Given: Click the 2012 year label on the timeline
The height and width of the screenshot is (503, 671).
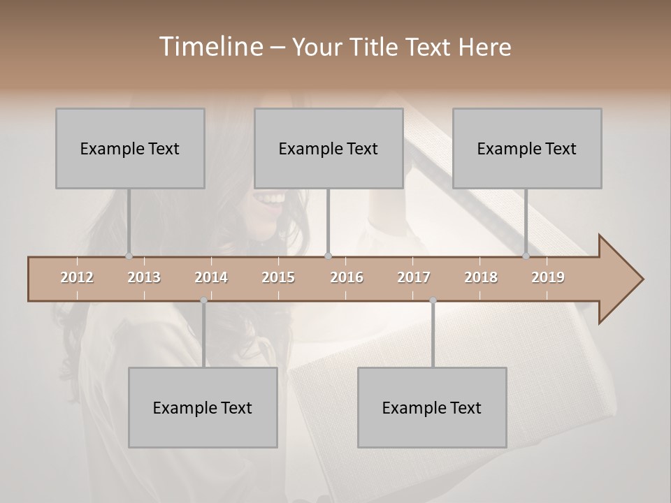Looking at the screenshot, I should [x=77, y=277].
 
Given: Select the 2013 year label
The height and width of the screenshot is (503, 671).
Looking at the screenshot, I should [x=144, y=277].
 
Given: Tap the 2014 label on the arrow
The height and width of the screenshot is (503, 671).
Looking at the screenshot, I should [x=211, y=277].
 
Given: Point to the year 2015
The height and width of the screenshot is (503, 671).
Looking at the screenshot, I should [x=278, y=277].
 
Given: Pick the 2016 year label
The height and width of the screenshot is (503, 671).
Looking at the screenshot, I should [x=347, y=277].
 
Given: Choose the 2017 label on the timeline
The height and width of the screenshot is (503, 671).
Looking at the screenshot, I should [x=414, y=277].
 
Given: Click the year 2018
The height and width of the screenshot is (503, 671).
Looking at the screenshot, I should [x=481, y=277].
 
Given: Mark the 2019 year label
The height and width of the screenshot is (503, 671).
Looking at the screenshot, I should [x=548, y=277].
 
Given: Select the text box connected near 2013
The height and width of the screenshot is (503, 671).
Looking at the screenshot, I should [x=130, y=148].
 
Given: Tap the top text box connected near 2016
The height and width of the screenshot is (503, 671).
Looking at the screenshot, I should [x=329, y=148].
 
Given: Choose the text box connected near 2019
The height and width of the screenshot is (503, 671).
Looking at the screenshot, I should [x=527, y=148].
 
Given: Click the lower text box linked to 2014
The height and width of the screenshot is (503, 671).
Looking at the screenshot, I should [x=203, y=407].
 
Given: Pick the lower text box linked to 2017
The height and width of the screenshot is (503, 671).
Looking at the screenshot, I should [x=432, y=407].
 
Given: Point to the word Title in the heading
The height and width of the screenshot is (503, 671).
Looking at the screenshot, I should [x=377, y=47].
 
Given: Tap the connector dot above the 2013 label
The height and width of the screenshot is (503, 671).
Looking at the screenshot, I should [x=129, y=256].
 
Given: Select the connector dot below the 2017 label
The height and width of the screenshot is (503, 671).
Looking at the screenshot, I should [x=433, y=300].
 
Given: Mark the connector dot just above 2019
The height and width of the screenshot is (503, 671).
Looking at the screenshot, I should [x=526, y=256].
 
